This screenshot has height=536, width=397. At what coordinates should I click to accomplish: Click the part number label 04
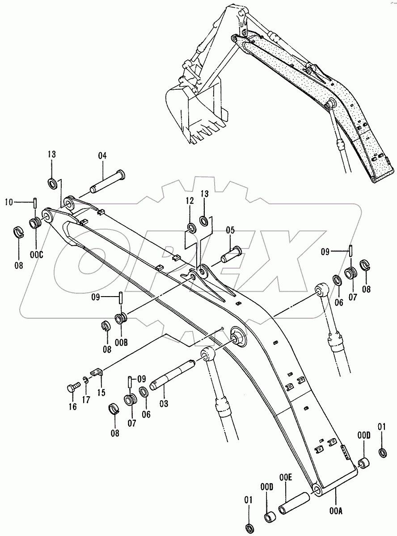102,156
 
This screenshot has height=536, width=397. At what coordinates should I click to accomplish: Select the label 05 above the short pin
230,231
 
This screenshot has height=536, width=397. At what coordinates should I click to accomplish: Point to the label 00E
286,477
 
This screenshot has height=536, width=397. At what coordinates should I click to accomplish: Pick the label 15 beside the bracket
102,393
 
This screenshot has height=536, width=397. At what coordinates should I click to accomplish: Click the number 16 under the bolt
73,406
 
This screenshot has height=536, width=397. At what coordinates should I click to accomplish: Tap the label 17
86,400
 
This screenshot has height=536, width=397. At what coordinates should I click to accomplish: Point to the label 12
190,201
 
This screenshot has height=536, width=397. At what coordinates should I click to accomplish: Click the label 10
9,202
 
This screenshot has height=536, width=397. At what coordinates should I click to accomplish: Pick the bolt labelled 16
72,389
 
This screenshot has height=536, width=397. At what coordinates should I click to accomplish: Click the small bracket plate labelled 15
97,373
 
